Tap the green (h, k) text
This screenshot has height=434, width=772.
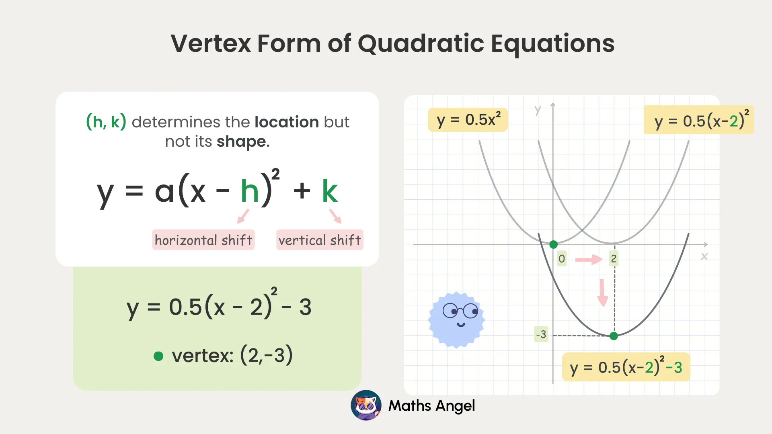(106, 122)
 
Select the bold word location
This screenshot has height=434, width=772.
(287, 122)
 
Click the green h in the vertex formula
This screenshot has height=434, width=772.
(249, 191)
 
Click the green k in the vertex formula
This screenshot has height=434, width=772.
(330, 191)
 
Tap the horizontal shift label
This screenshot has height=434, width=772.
(203, 240)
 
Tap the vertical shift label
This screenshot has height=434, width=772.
(320, 240)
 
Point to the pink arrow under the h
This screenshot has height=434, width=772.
(243, 216)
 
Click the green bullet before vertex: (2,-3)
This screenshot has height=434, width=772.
(158, 356)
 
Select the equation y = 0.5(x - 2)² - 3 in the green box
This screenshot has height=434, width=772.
(219, 307)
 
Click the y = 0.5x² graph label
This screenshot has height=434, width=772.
(468, 120)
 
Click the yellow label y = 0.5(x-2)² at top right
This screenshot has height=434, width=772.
(699, 121)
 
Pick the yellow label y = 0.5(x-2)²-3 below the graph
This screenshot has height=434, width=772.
(626, 367)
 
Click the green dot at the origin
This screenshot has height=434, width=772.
(553, 244)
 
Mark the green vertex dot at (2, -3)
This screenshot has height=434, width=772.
(614, 336)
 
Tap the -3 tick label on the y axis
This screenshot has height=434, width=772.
(541, 334)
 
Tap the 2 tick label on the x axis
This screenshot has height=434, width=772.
(614, 259)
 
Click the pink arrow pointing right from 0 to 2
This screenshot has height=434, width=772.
(589, 260)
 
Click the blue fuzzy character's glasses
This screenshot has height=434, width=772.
(460, 311)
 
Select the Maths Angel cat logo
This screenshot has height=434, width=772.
(366, 405)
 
